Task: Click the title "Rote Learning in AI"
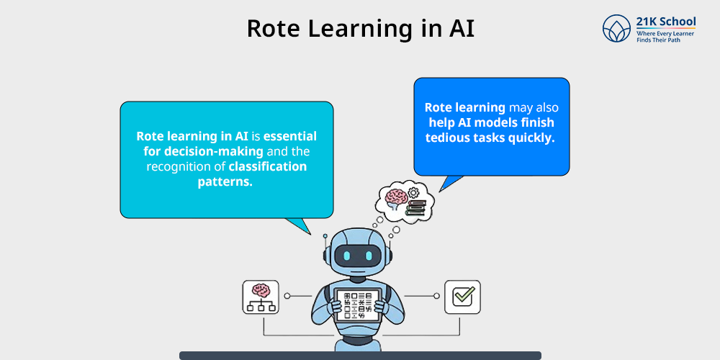coord(361,29)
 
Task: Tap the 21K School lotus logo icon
coord(617,28)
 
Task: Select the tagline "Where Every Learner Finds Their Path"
coord(665,37)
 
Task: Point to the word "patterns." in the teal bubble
coord(225,181)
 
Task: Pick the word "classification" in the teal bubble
coord(268,166)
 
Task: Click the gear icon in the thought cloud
coord(413,192)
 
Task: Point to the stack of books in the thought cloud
coord(415,207)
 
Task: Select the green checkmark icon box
coord(462,297)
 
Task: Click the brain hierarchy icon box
coord(261,297)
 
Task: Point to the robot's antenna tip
coord(325,235)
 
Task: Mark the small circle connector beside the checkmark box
coord(436,296)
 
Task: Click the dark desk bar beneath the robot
coord(360,356)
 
